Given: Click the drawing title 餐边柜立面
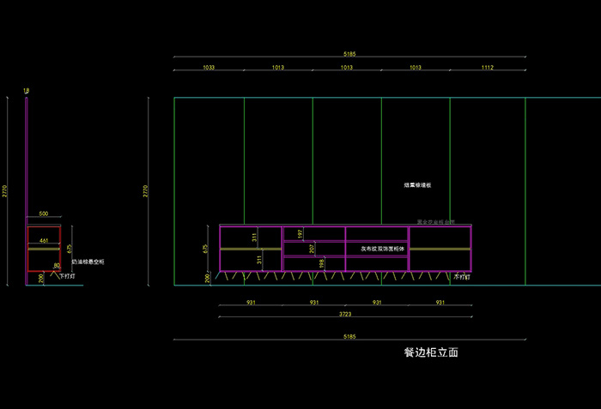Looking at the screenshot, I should click(x=437, y=352).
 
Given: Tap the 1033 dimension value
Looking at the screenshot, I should click(x=209, y=66).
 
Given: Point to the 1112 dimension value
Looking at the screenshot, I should click(x=488, y=66).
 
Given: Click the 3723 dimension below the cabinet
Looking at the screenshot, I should click(x=345, y=314).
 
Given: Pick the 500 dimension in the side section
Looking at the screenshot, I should click(x=44, y=214).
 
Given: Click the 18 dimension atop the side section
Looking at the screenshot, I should click(x=27, y=90).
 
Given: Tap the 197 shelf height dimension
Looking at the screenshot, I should click(x=300, y=233).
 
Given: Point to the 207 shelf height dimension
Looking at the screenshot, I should click(x=313, y=249).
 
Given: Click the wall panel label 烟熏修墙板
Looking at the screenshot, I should click(x=417, y=185).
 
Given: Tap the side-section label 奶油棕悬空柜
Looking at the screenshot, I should click(x=88, y=262).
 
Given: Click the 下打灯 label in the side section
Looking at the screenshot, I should click(x=67, y=277).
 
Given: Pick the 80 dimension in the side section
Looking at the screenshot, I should click(x=58, y=266).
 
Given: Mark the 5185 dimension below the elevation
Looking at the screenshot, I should click(x=349, y=337).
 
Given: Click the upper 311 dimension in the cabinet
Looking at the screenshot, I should click(x=254, y=236).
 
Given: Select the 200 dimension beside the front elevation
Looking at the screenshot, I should click(x=207, y=278).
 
